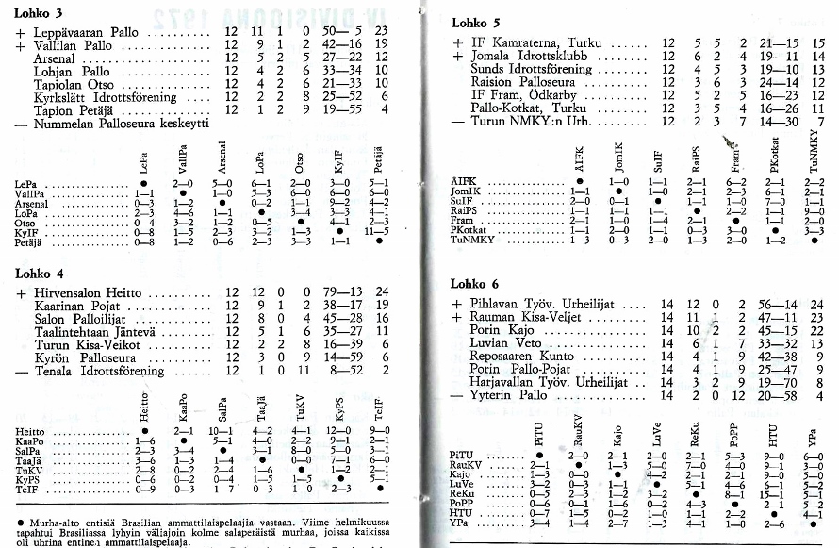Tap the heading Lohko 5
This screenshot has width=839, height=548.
[477, 23]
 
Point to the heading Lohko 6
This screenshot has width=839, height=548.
[477, 284]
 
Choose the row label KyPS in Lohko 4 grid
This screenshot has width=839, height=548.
[29, 479]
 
